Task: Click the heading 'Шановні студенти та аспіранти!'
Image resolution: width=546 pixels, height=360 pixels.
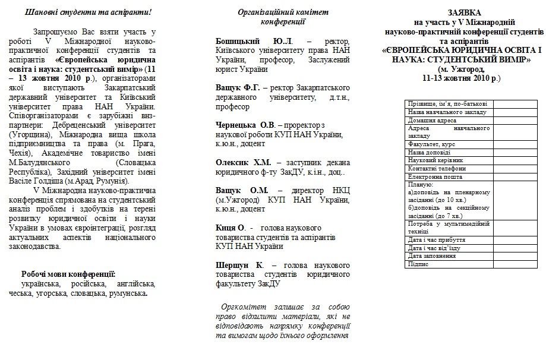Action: click(84, 12)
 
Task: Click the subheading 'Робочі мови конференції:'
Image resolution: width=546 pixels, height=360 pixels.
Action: click(68, 274)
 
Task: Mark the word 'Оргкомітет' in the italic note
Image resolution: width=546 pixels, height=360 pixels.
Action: click(241, 307)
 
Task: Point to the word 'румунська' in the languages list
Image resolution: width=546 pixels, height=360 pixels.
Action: click(128, 293)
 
